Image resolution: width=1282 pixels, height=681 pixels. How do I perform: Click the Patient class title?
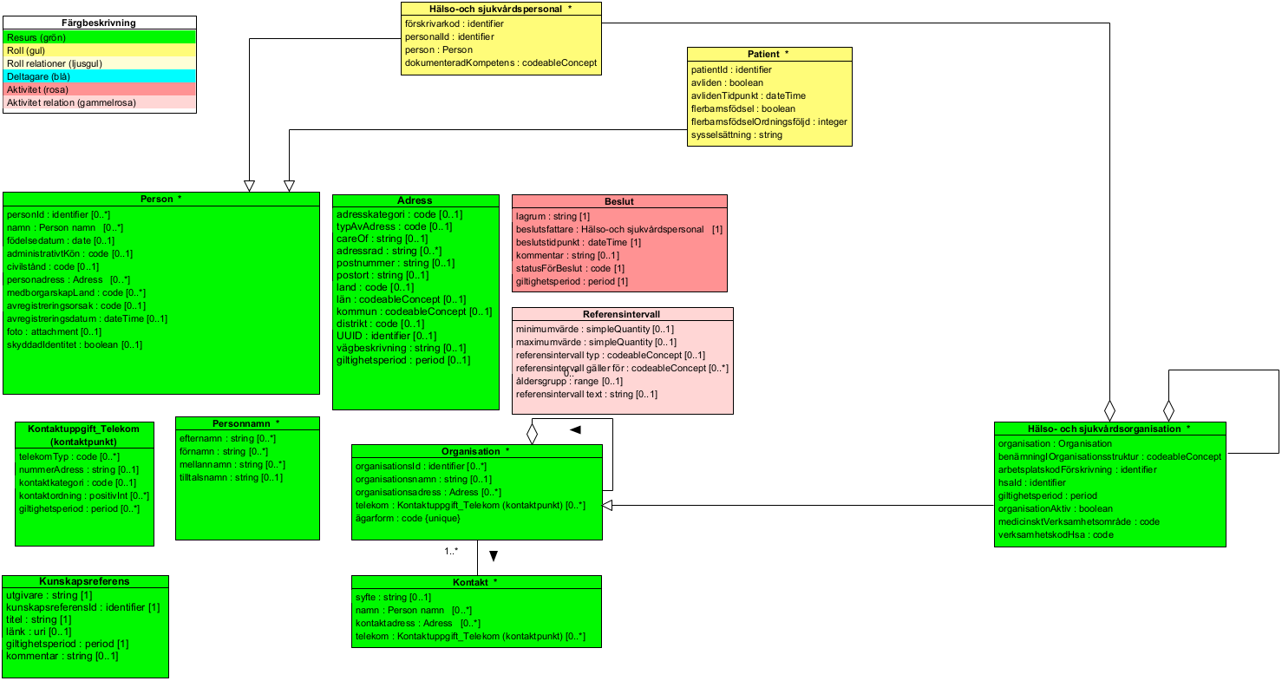coord(769,54)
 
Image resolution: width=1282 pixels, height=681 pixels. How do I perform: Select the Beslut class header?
coord(619,201)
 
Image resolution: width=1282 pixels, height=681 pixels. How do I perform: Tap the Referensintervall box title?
coord(622,315)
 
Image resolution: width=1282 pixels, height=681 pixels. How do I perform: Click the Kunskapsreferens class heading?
coord(84,581)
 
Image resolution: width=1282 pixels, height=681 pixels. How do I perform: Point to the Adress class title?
coord(415,200)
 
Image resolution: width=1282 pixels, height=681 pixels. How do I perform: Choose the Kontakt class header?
coord(475,582)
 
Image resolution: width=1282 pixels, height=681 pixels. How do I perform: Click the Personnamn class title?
coord(247,423)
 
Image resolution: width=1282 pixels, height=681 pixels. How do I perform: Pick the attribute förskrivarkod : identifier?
coord(454,23)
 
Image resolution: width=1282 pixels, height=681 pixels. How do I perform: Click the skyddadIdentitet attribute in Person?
coord(74,344)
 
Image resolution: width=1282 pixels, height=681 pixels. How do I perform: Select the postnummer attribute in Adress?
coord(395,263)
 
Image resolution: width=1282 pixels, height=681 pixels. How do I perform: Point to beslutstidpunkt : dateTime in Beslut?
coord(578,242)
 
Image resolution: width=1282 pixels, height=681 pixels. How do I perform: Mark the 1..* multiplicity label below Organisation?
coord(451,551)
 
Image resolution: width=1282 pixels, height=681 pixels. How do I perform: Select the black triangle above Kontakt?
coord(493,556)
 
